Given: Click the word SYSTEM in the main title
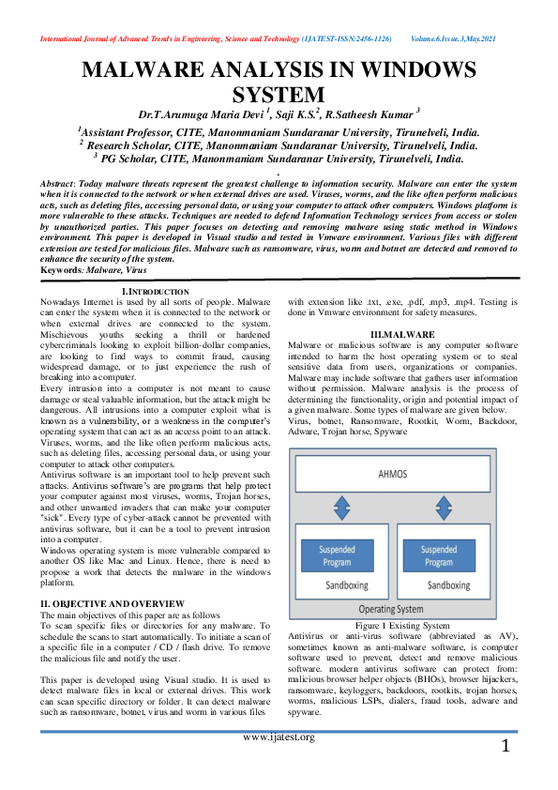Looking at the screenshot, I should [279, 95].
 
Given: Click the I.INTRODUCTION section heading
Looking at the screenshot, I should [156, 294].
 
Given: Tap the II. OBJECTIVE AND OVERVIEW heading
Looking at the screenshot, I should [113, 602].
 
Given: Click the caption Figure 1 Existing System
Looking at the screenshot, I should [402, 624].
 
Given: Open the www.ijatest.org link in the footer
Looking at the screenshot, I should [278, 737].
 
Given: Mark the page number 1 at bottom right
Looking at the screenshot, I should [505, 747].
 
